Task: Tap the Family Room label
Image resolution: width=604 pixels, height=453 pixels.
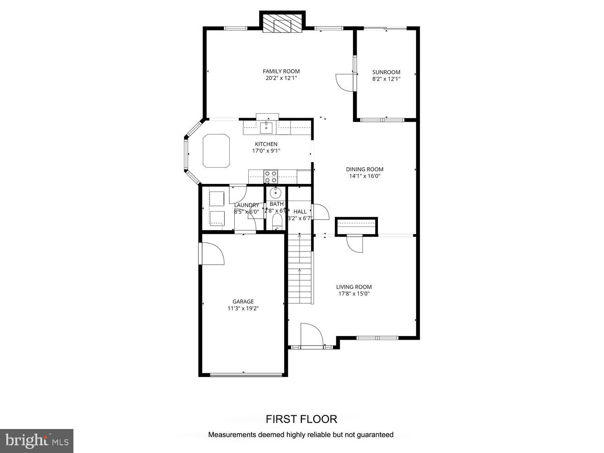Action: [x=281, y=71]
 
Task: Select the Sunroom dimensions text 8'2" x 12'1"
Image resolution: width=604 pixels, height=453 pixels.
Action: [x=386, y=79]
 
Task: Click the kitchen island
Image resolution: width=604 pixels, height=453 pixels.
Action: [x=216, y=151]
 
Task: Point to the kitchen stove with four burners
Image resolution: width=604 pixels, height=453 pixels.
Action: [x=271, y=176]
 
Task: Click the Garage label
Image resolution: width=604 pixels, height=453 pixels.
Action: [x=243, y=302]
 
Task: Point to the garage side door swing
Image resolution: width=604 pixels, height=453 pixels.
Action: [x=212, y=253]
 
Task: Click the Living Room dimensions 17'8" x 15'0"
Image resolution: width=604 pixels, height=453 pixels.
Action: [x=353, y=294]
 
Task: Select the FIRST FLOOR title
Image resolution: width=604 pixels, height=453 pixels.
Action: [x=301, y=419]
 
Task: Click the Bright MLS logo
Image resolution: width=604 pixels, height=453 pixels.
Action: [x=37, y=440]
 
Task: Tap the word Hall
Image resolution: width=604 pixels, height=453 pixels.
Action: [x=300, y=212]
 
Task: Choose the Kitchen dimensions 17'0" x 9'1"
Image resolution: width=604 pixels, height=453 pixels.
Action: [x=266, y=151]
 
